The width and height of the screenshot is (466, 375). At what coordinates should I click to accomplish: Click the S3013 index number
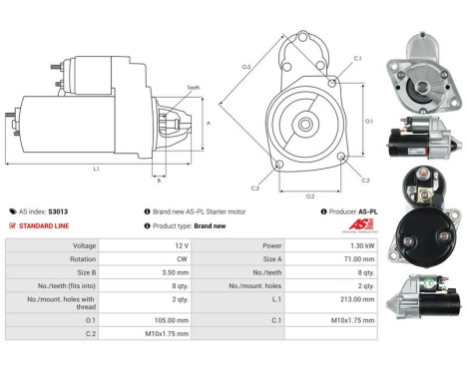(62, 211)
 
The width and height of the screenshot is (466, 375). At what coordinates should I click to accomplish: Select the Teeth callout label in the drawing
(194, 88)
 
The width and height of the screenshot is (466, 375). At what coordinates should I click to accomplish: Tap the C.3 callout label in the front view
(255, 187)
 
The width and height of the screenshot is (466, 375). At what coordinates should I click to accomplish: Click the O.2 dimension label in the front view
(310, 196)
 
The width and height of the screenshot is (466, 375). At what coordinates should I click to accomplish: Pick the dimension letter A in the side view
(209, 123)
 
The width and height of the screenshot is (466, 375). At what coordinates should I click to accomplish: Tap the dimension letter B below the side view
(158, 181)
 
